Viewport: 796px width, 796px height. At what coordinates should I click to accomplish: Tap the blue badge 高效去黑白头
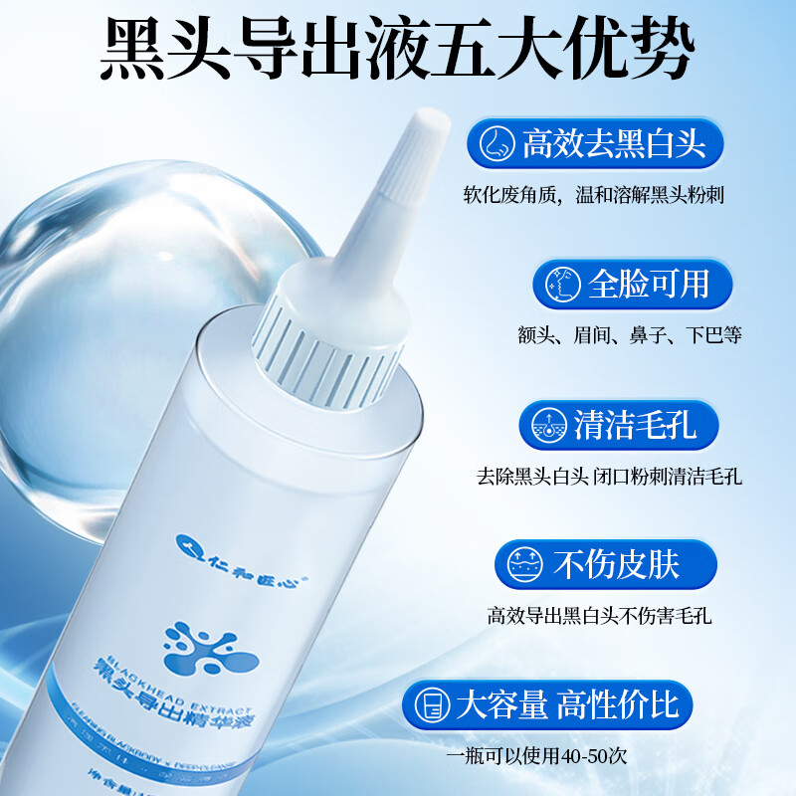[x=595, y=145]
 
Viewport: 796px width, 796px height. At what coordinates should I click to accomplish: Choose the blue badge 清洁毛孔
[x=618, y=425]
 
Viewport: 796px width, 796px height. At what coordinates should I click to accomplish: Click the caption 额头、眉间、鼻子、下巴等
[x=630, y=335]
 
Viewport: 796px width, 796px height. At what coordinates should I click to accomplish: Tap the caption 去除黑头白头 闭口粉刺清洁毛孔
[x=609, y=477]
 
